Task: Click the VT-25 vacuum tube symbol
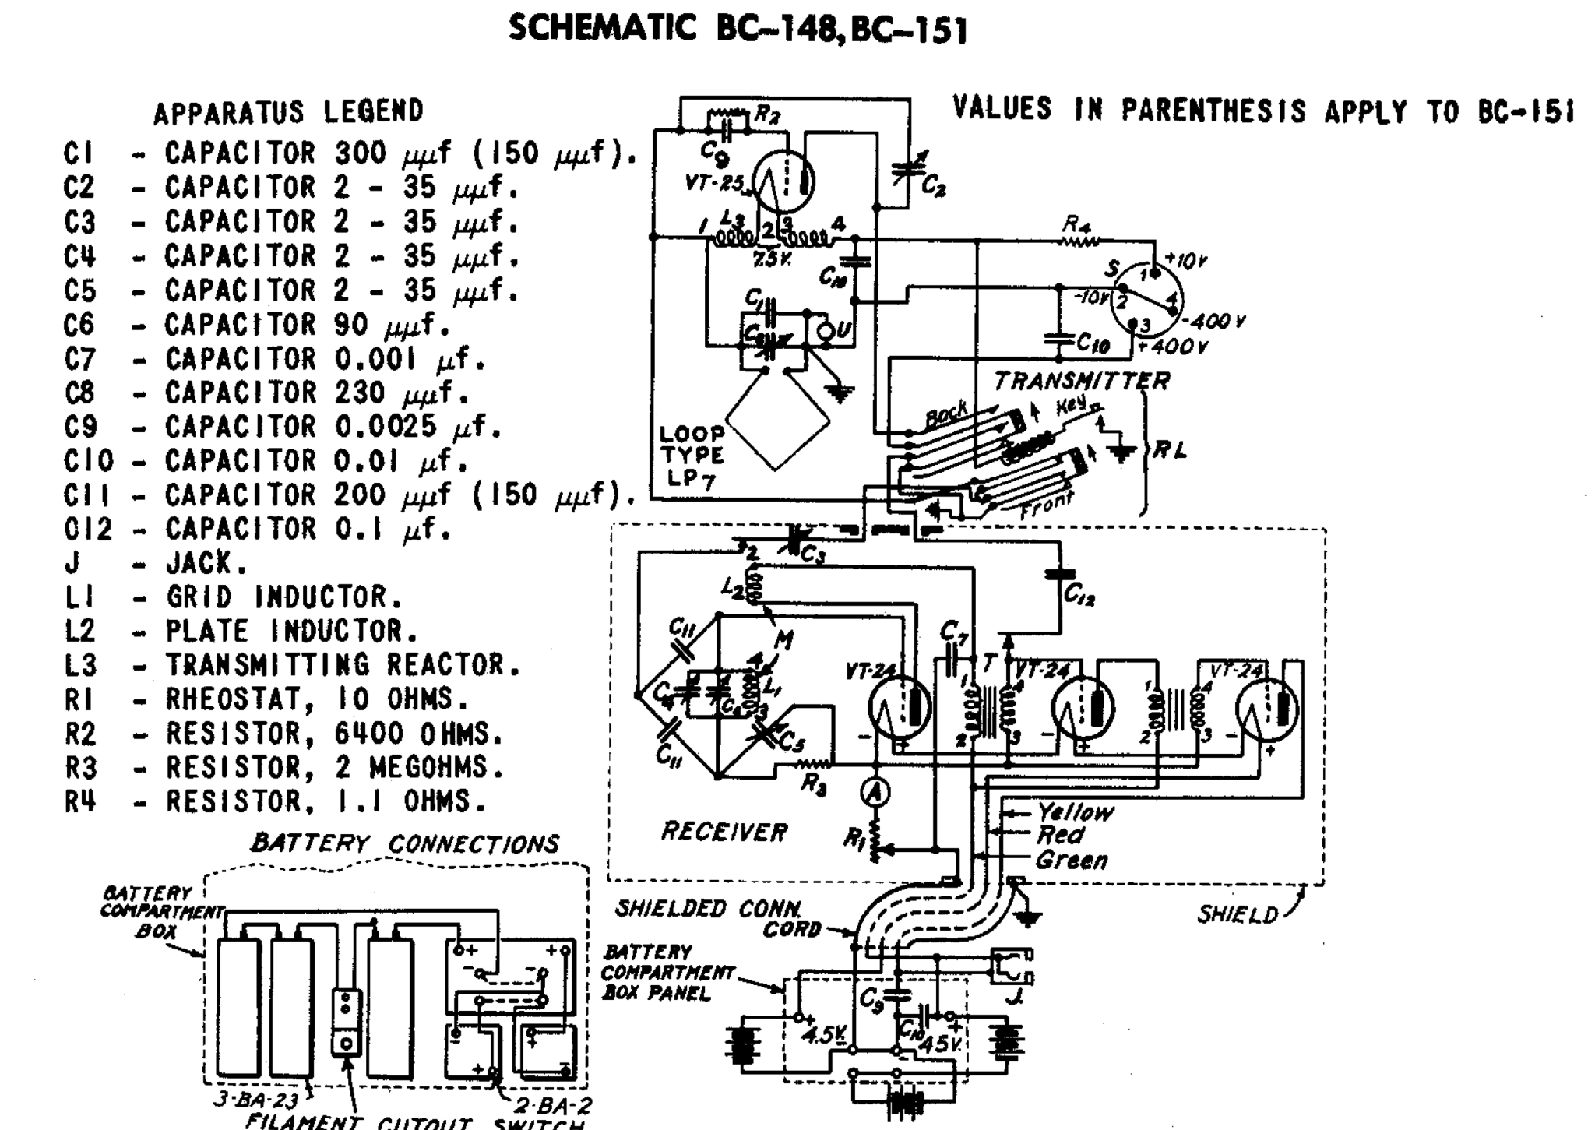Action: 785,181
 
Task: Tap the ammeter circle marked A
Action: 875,792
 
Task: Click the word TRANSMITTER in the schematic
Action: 1081,381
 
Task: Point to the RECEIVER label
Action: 724,832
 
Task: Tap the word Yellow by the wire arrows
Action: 1075,812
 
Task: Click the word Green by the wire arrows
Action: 1071,861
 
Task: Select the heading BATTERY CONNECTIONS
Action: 404,843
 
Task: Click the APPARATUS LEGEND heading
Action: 288,112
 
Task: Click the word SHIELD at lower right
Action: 1237,915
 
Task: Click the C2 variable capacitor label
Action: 933,186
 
